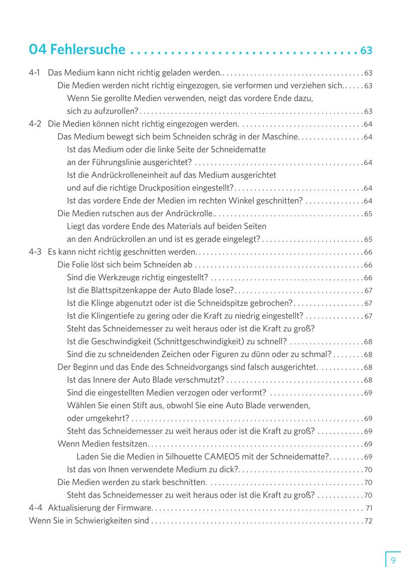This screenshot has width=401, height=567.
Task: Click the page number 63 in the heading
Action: click(366, 51)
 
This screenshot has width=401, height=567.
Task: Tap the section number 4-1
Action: click(35, 73)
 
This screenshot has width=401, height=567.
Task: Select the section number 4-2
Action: click(35, 124)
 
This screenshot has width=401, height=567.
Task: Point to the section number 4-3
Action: click(35, 252)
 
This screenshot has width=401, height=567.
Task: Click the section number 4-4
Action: click(35, 507)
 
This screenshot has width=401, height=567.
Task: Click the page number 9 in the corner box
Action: click(393, 560)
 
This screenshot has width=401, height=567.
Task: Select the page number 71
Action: click(369, 508)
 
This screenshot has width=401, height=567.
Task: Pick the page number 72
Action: click(368, 521)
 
